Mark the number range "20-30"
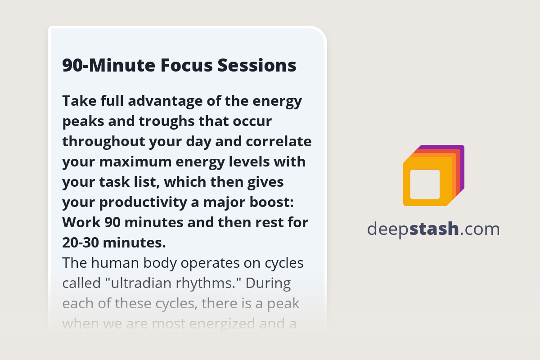[x=81, y=243]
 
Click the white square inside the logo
[x=425, y=184]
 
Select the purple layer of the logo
[x=461, y=153]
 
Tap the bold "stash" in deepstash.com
[x=434, y=229]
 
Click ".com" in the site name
[x=480, y=229]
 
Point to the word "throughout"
[x=108, y=142]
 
